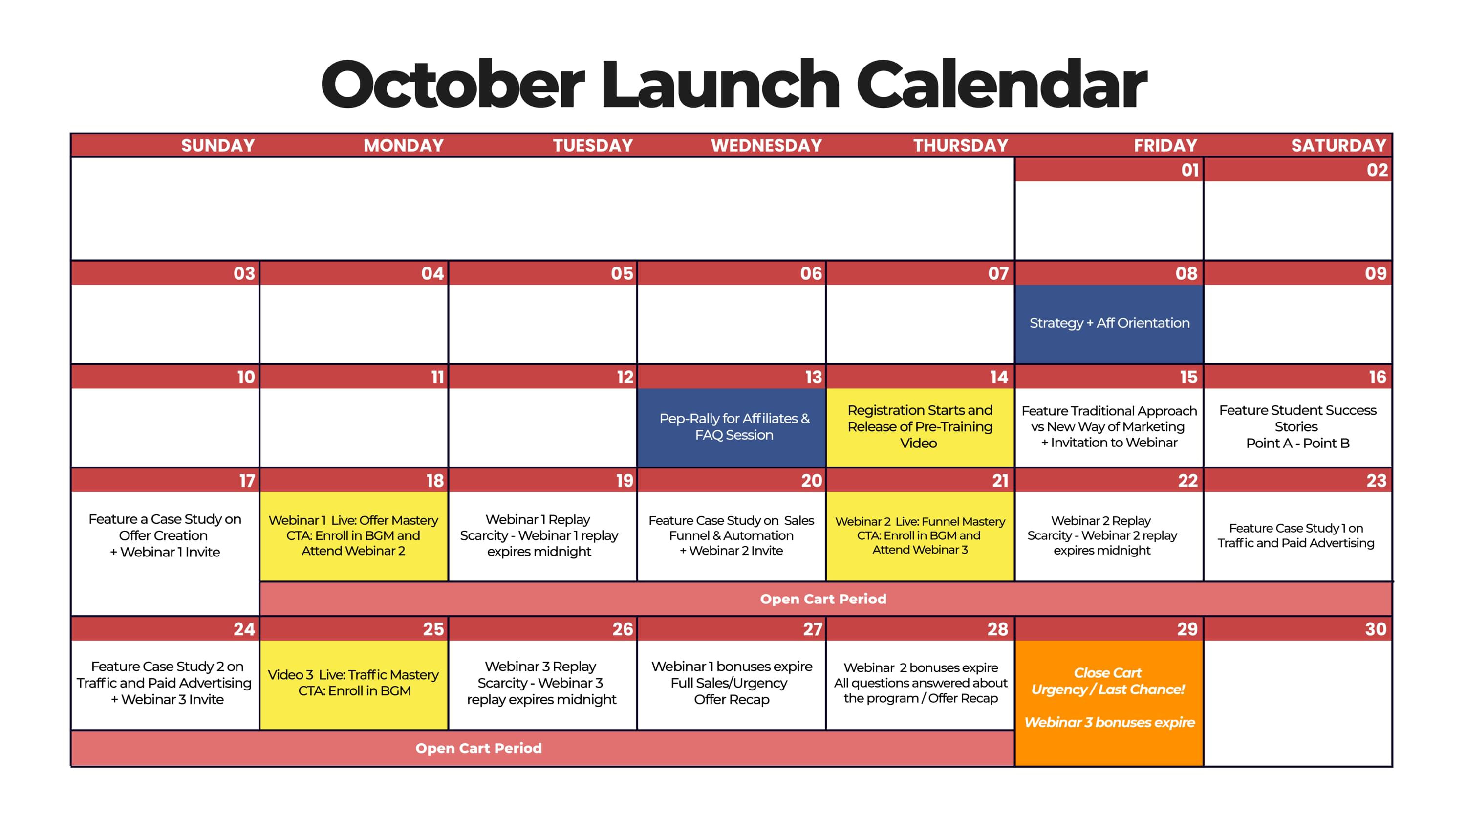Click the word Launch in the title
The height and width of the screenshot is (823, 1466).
[x=720, y=86]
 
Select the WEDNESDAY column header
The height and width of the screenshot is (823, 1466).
[x=766, y=146]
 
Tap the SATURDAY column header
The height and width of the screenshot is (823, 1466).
[x=1338, y=146]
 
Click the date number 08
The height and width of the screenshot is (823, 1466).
[x=1186, y=274]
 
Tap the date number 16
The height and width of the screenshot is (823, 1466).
[x=1377, y=378]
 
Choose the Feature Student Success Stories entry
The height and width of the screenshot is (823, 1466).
[x=1297, y=426]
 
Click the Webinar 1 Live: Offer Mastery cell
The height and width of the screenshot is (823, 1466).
[x=353, y=536]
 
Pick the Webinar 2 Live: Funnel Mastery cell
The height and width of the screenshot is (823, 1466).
[x=920, y=536]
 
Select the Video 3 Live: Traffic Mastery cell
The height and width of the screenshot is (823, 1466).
[x=353, y=685]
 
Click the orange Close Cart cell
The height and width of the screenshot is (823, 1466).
[x=1109, y=703]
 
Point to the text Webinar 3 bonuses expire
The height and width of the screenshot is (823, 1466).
[x=1109, y=723]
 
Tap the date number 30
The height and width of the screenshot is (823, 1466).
[x=1376, y=629]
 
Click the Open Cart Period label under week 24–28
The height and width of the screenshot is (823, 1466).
[x=478, y=748]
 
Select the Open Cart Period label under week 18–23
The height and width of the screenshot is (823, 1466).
[x=823, y=599]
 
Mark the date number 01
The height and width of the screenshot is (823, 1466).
[x=1190, y=170]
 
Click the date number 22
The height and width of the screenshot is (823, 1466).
[x=1188, y=481]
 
